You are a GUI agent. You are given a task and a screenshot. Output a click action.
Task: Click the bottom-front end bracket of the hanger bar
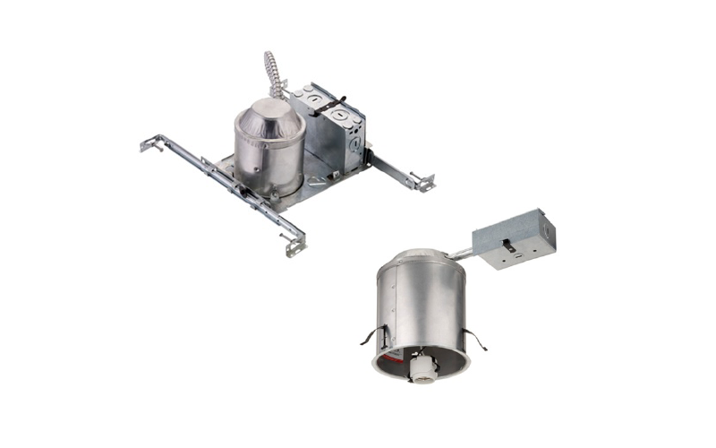(294, 243)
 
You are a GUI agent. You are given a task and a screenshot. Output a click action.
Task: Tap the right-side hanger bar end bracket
(421, 182)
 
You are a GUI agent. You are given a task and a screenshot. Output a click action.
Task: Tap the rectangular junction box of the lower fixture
(514, 237)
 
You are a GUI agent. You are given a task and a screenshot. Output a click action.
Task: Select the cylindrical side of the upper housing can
(268, 157)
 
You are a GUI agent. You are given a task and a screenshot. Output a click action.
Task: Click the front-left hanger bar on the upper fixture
(224, 179)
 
